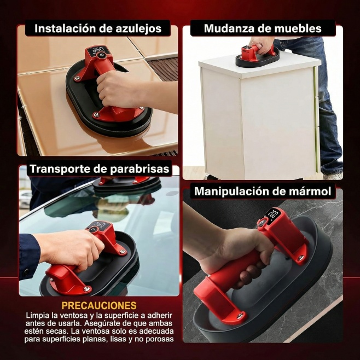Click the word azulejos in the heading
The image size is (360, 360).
coord(138,29)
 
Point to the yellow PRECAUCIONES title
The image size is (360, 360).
coord(99,305)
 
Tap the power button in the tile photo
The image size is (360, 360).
coord(101,56)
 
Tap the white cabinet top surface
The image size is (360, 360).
coord(259,67)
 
